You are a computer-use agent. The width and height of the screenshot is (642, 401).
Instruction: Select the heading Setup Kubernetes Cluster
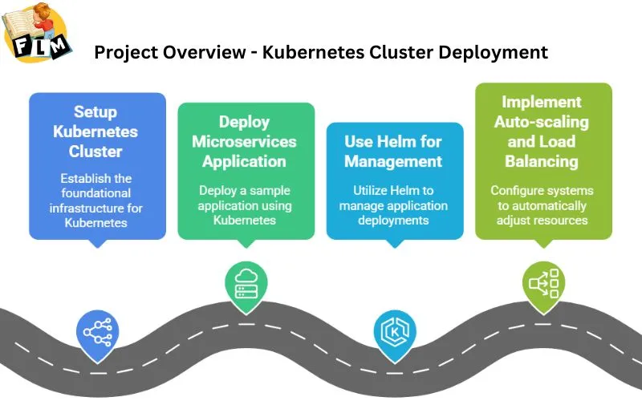click(96, 131)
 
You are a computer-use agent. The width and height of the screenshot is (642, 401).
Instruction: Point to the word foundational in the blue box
click(96, 192)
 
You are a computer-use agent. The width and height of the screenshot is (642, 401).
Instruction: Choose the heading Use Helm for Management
click(393, 152)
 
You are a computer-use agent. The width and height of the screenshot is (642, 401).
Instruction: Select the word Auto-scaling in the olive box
click(542, 123)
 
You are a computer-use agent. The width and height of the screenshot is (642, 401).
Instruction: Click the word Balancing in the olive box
click(542, 161)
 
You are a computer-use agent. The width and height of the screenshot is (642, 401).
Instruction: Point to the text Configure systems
click(542, 191)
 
